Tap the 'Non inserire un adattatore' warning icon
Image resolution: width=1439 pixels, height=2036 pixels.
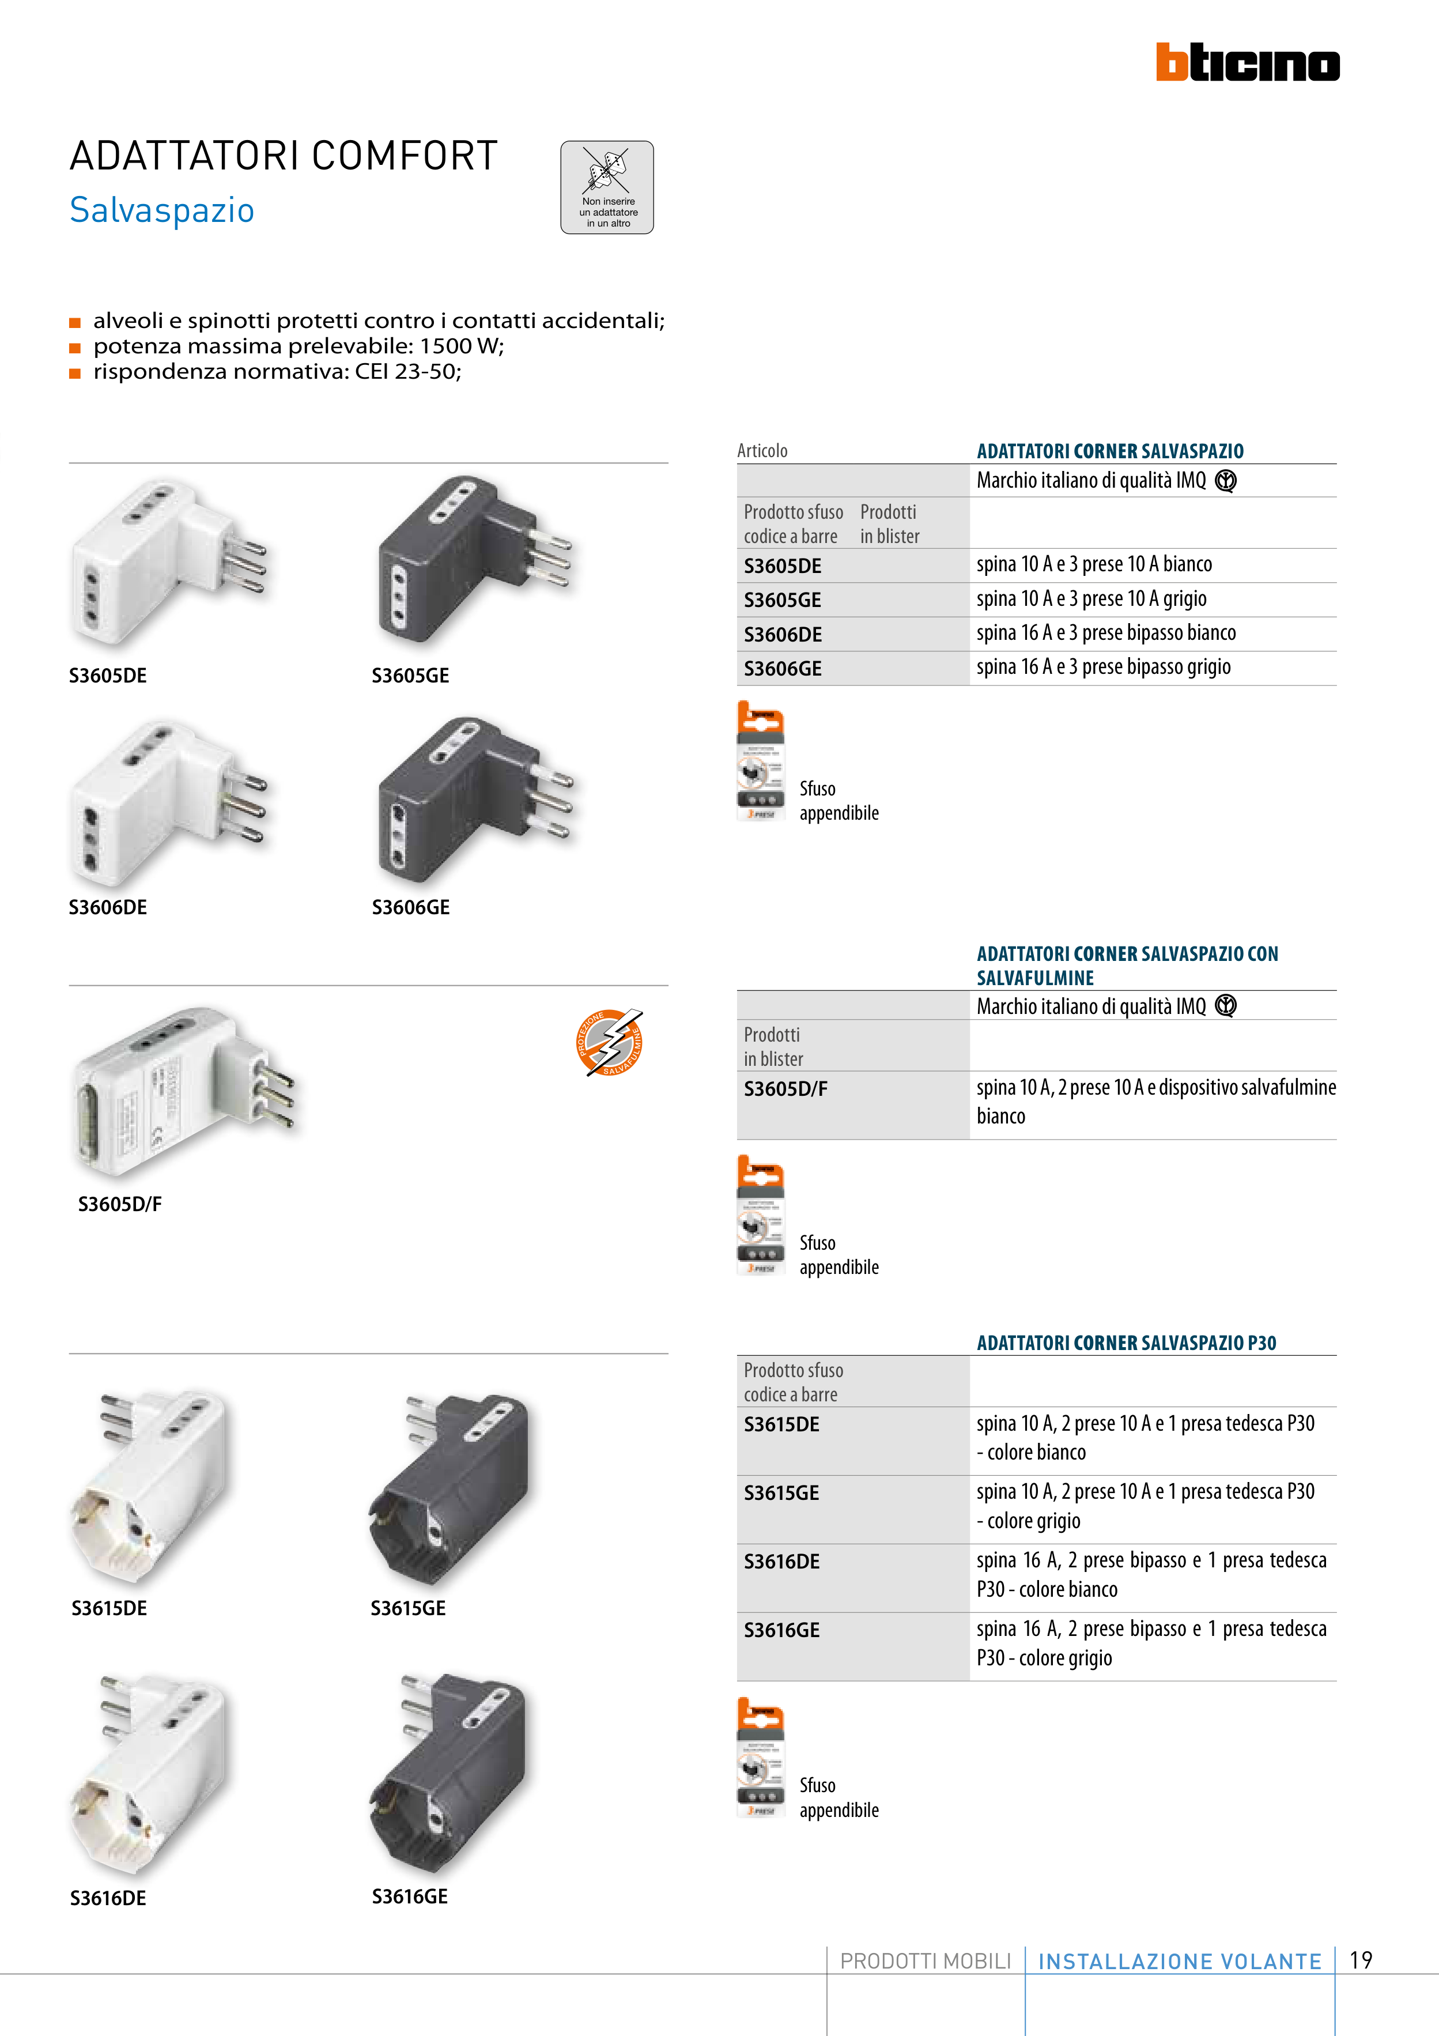coord(607,187)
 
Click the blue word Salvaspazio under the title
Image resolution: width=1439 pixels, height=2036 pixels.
coord(163,211)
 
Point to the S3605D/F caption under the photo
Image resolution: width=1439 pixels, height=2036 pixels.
coord(120,1204)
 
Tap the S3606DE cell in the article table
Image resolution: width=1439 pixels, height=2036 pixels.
coord(783,635)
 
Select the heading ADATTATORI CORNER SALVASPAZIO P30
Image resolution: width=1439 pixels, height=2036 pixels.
coord(1126,1343)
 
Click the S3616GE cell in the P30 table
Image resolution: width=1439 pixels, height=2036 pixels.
coord(782,1630)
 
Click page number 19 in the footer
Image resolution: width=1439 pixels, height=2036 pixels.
coord(1361,1960)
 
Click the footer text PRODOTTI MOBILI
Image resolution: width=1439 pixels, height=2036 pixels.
coord(925,1962)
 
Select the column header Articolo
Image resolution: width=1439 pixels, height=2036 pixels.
coord(762,450)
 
